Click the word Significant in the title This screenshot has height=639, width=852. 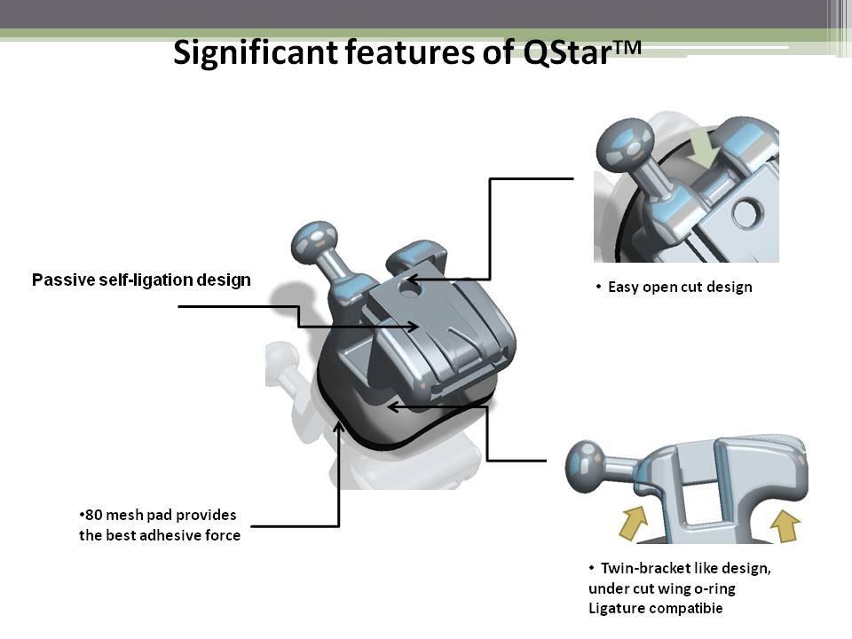click(x=256, y=52)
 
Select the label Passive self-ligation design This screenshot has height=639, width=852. click(x=141, y=280)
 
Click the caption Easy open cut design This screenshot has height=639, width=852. click(x=680, y=287)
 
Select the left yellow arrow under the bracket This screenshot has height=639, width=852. click(x=634, y=522)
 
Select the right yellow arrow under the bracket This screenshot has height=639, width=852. click(x=785, y=525)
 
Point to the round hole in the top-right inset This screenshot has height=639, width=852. click(x=748, y=214)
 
